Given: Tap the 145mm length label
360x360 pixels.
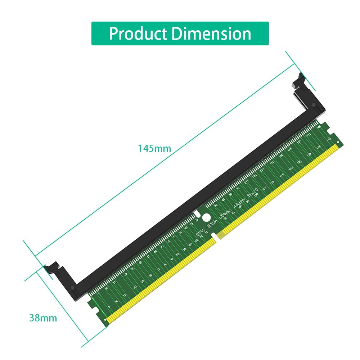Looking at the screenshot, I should pyautogui.click(x=154, y=148).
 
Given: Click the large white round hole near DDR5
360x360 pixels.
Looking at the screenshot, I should pyautogui.click(x=206, y=218).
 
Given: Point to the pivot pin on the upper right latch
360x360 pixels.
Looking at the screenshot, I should pyautogui.click(x=314, y=105).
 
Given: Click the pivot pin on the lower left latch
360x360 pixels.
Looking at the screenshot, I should pyautogui.click(x=73, y=288).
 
